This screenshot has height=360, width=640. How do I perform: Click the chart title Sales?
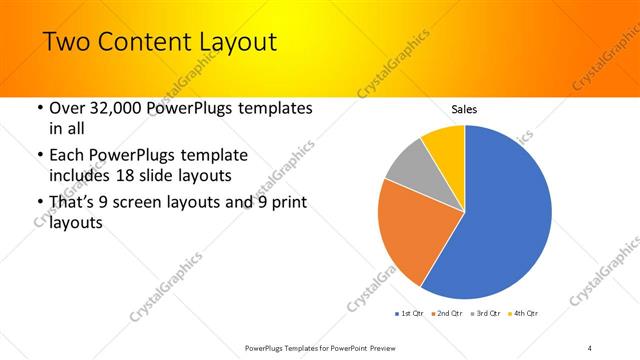464,108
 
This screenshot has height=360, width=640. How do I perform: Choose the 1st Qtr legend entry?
410,314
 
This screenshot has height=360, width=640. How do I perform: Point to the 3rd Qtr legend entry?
486,314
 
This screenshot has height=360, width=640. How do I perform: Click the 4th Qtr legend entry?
525,314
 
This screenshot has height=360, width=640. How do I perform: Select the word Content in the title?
144,42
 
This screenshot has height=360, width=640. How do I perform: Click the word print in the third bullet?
286,204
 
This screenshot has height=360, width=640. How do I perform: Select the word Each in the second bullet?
69,156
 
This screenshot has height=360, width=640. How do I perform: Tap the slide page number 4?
590,347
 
